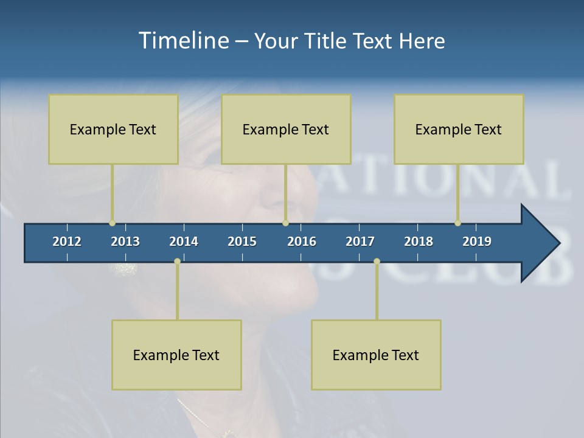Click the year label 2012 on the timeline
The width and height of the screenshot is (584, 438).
pos(67,242)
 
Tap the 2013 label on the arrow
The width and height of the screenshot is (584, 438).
pos(125,242)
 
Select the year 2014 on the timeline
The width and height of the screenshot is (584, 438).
pos(184,242)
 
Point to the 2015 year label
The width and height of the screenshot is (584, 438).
pos(242,242)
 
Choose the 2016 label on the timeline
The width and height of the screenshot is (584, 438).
pos(302,242)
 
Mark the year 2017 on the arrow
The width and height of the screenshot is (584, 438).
pos(360,242)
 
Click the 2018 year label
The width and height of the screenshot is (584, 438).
pos(419,242)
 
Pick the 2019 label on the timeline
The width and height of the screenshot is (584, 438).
pos(477,242)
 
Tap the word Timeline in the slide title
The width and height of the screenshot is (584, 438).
pos(184,41)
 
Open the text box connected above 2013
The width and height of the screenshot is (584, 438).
pos(113,129)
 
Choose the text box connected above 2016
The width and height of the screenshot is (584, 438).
pos(286,129)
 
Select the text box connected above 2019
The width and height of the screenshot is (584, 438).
pos(459,129)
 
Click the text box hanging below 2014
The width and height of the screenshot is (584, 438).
pos(176,355)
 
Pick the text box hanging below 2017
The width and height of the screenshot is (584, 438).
pos(376,355)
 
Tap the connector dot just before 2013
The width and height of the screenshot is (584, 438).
pos(112,223)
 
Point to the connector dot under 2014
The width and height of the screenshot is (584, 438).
pos(177,262)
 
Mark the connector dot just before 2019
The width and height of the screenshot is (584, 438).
pos(457,223)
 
